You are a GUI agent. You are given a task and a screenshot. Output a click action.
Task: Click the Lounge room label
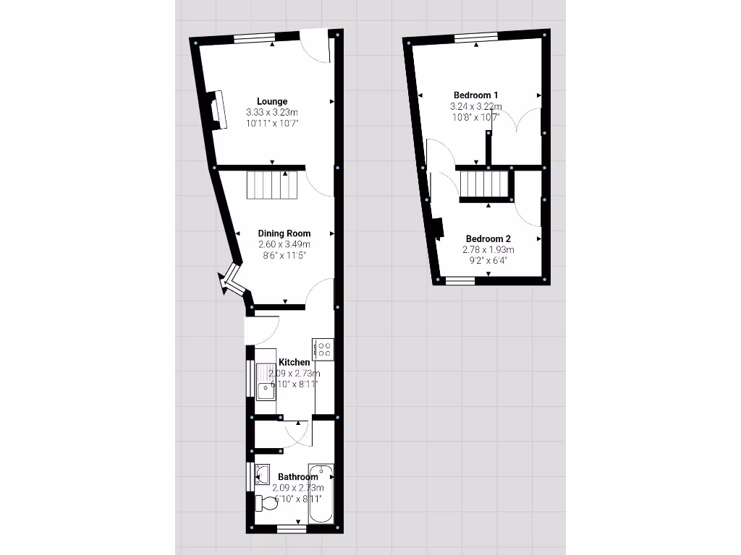272,102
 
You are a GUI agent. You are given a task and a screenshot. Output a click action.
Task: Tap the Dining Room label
284,233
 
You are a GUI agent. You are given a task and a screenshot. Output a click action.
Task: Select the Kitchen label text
295,362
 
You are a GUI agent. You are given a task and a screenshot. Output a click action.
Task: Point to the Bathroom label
298,477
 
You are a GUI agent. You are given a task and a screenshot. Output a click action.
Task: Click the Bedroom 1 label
475,95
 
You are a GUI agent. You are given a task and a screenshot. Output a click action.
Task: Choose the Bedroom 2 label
488,239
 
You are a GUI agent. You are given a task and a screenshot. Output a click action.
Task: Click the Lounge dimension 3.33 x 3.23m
272,113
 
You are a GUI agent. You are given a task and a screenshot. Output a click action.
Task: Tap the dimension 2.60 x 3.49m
284,245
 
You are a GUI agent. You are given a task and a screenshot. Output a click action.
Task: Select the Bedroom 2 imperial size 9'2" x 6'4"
488,261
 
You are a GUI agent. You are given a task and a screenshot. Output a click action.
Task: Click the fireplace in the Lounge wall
215,111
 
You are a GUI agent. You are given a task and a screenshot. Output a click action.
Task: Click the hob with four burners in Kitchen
323,349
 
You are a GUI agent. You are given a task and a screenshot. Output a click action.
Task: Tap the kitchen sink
266,391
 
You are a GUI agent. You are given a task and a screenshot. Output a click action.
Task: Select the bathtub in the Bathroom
321,494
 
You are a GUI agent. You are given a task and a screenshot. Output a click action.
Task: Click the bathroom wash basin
263,474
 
